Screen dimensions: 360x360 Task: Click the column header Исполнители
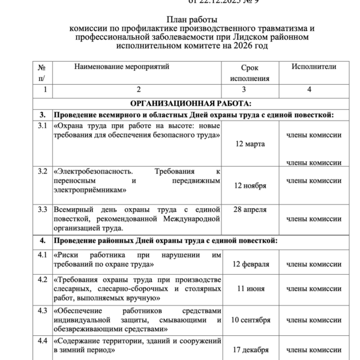pos(313,67)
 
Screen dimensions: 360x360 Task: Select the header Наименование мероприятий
pos(122,67)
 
